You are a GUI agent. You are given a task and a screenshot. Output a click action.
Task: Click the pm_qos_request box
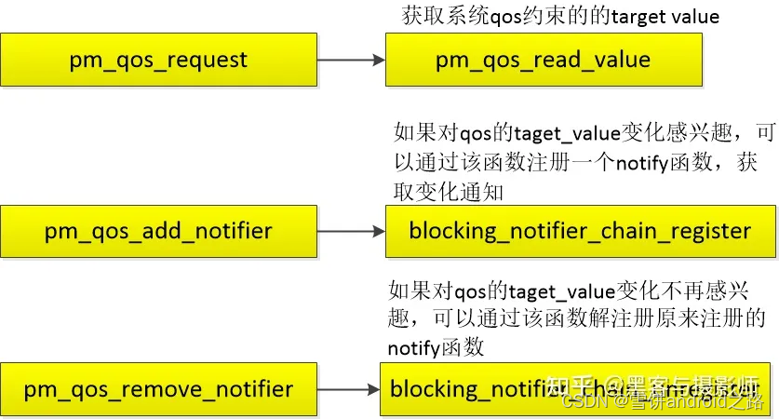(x=158, y=61)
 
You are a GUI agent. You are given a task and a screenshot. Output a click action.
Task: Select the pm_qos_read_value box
(x=543, y=61)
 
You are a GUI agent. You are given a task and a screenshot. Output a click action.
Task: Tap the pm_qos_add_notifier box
(x=158, y=231)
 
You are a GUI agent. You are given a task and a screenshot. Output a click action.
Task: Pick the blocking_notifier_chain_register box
(x=579, y=231)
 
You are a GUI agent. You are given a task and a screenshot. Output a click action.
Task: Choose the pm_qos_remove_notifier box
(x=158, y=389)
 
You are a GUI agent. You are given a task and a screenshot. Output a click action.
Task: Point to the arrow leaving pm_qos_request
(x=350, y=61)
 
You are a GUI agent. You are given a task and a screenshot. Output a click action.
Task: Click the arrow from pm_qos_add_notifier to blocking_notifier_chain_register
(x=350, y=231)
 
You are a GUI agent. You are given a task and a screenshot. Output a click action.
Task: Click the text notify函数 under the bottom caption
(x=436, y=348)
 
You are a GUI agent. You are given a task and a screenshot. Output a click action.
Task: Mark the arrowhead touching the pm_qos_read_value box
(x=379, y=61)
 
